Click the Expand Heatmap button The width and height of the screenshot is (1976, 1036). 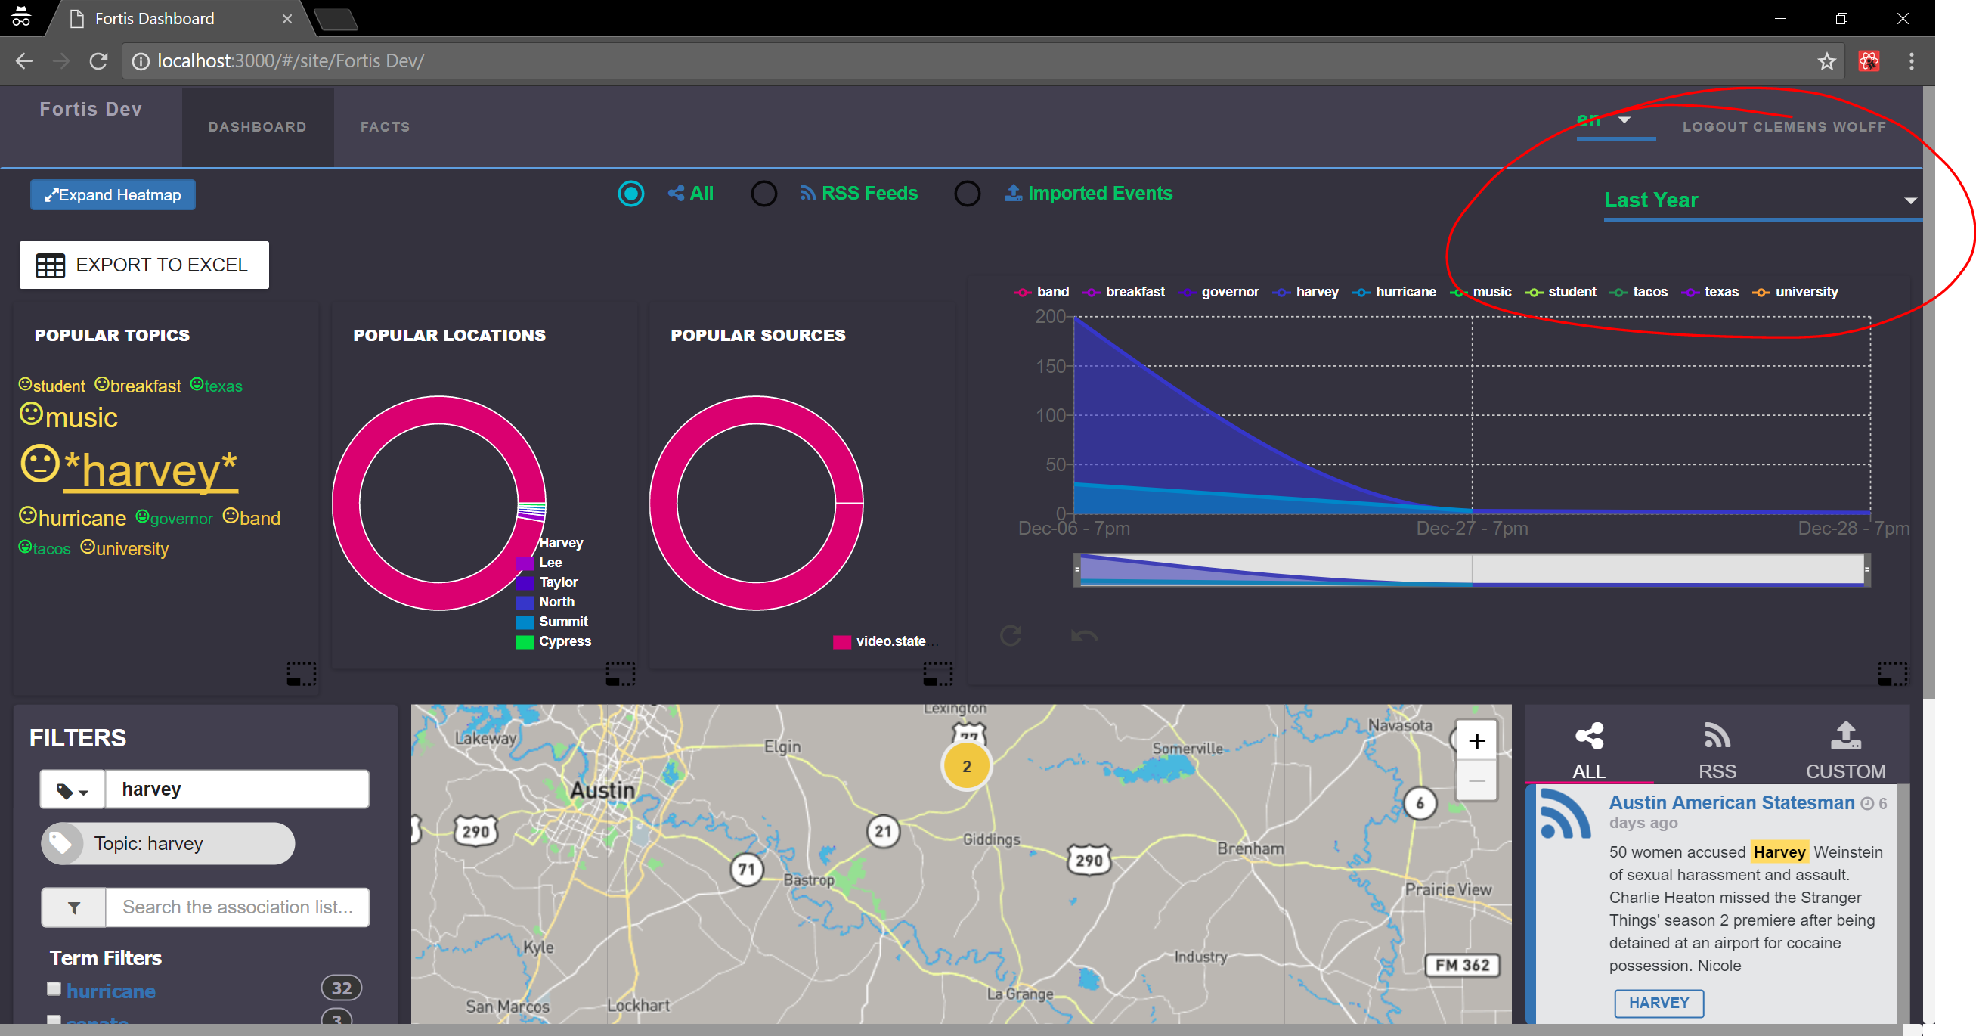click(113, 195)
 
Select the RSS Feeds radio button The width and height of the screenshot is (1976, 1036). click(763, 194)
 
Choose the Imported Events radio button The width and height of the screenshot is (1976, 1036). click(967, 194)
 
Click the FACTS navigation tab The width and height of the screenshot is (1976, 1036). click(385, 126)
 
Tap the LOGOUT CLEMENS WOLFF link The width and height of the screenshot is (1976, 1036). click(1783, 126)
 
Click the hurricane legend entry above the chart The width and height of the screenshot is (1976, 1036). click(1396, 292)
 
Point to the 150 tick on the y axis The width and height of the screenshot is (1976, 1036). click(1050, 366)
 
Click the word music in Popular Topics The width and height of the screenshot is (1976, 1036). click(82, 417)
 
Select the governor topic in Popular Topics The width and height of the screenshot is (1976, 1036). click(181, 519)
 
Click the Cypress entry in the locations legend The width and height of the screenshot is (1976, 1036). click(565, 641)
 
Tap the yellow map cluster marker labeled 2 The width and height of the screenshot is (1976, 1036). click(967, 766)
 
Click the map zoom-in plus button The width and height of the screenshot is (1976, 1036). click(1476, 740)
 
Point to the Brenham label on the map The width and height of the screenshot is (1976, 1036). click(1250, 848)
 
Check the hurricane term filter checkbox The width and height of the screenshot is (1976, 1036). click(54, 988)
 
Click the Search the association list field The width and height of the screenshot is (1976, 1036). click(237, 907)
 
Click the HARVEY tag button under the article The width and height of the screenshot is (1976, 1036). click(1659, 1003)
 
